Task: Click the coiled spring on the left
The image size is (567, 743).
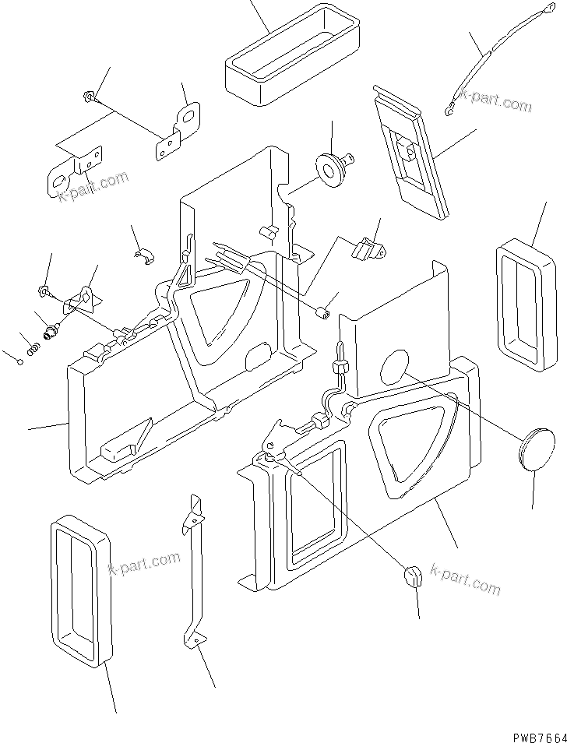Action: (32, 350)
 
